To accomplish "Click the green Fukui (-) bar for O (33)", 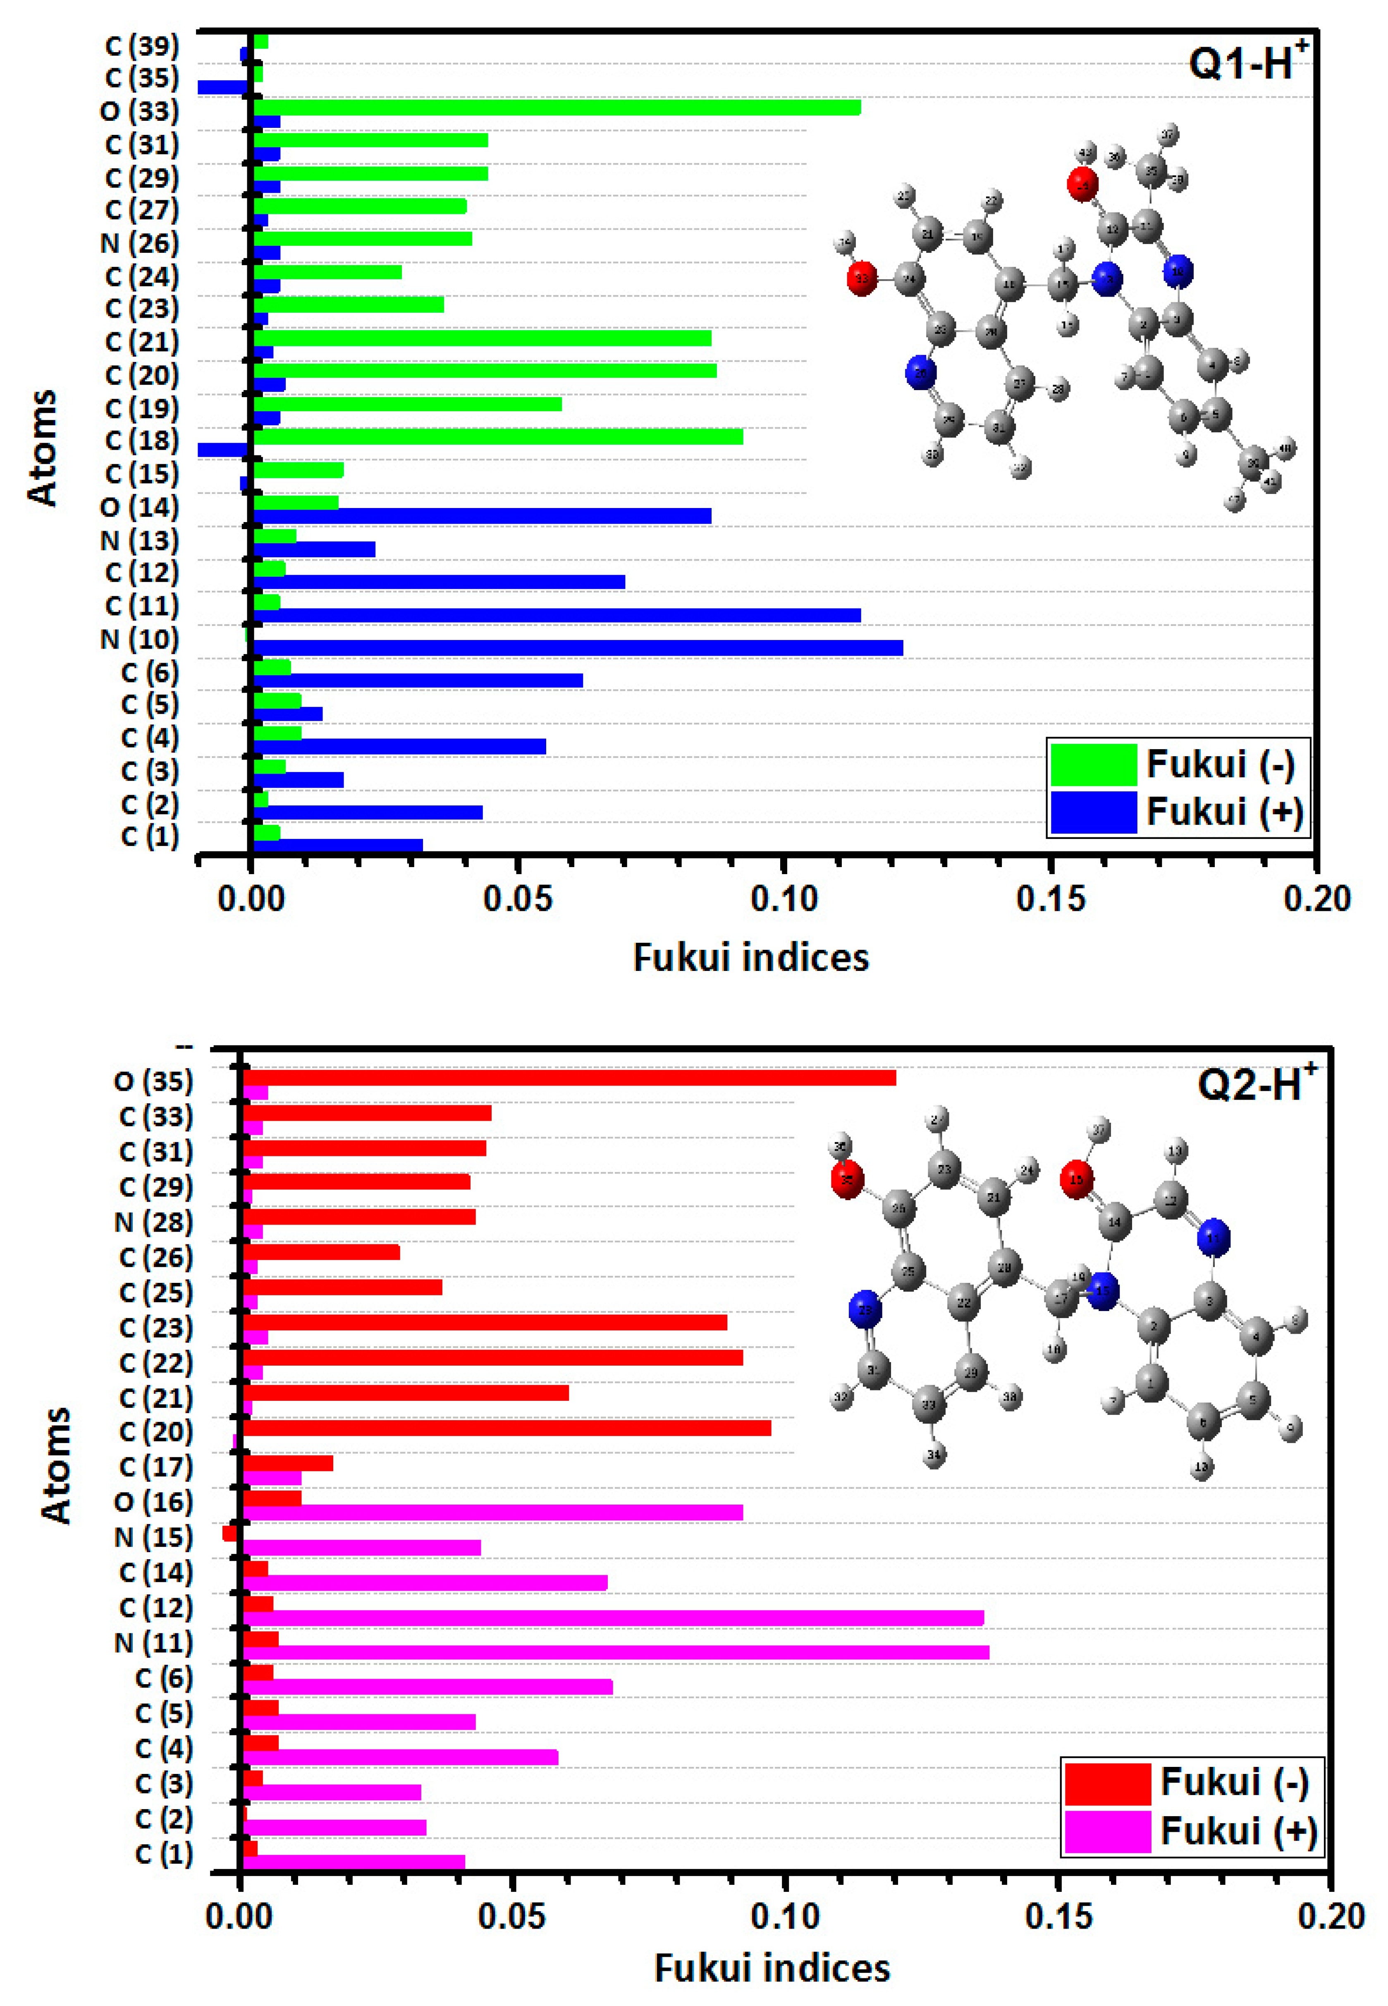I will pos(557,107).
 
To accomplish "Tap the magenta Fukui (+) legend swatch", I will pos(1107,1831).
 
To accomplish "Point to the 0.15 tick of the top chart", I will pos(1051,898).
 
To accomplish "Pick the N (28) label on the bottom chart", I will pos(153,1222).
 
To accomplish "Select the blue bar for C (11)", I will pos(557,615).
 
